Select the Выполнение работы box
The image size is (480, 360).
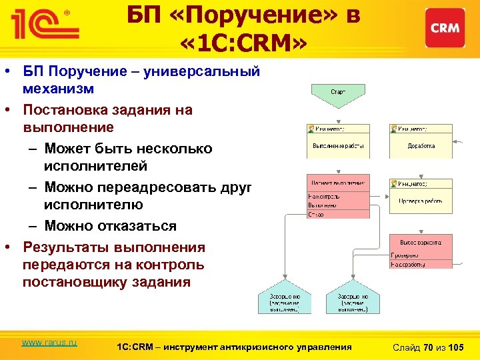point(337,145)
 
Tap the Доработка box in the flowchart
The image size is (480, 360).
point(421,145)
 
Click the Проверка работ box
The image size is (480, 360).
point(421,200)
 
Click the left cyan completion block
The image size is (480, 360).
point(285,301)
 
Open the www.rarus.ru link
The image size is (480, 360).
point(49,343)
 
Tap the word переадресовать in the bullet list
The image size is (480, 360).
point(164,187)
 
